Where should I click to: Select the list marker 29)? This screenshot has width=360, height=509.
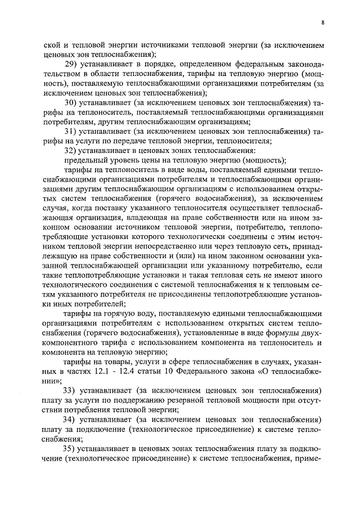(71, 63)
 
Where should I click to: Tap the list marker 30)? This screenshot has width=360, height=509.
(71, 102)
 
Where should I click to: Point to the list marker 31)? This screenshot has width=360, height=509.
(71, 131)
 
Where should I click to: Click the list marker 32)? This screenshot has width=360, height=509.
(71, 150)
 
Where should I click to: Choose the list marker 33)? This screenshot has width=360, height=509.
(71, 390)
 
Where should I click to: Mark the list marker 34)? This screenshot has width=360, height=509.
(71, 419)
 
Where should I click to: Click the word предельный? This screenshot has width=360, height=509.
(84, 160)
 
